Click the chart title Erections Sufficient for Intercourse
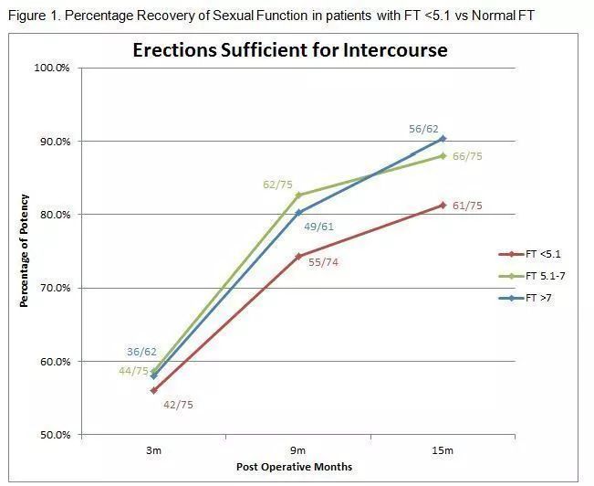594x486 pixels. (290, 49)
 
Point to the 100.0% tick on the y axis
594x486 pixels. (54, 69)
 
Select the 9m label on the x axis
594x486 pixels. (298, 450)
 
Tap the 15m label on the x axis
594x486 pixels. (443, 450)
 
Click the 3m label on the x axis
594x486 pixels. (153, 450)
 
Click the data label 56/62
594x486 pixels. (424, 130)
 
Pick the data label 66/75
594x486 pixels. (467, 156)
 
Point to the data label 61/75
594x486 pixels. (467, 206)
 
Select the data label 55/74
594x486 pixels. (324, 262)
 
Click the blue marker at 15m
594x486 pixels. (443, 139)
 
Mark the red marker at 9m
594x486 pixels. (298, 257)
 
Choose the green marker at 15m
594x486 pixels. (443, 155)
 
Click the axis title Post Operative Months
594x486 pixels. (295, 468)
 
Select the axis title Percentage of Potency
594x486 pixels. (25, 250)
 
